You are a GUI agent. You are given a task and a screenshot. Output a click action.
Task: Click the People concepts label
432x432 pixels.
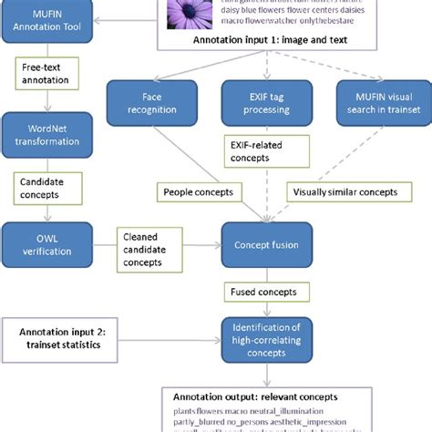[200, 193]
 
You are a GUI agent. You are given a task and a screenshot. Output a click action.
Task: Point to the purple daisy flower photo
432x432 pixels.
[188, 11]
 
